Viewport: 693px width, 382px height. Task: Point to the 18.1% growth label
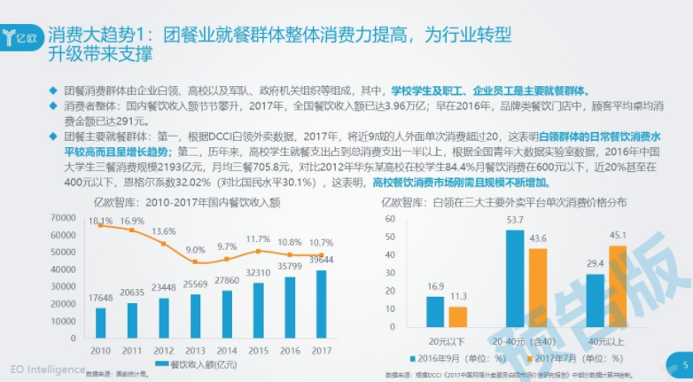click(x=100, y=221)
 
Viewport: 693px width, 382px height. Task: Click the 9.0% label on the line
click(x=196, y=251)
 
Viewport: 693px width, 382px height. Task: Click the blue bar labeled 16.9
click(x=435, y=310)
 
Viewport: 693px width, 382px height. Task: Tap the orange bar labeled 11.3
click(x=457, y=316)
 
